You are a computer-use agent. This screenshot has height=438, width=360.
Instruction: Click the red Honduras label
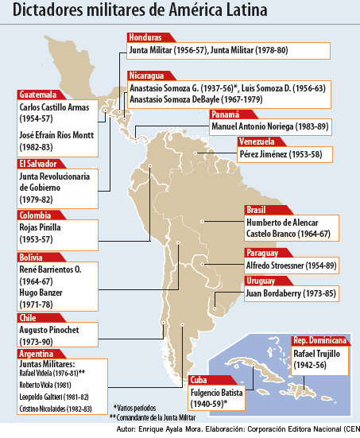(145, 37)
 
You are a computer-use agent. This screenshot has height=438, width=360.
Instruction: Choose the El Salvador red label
(38, 164)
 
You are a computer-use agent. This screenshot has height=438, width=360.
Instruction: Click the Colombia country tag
(36, 215)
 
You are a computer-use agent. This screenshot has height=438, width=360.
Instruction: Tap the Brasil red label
(257, 211)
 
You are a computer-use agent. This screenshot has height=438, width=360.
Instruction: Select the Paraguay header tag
(262, 253)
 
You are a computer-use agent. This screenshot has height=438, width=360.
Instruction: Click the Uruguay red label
(260, 281)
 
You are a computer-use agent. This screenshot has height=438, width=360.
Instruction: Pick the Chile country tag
(28, 317)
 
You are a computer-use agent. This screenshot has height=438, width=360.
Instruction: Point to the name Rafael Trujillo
(320, 352)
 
